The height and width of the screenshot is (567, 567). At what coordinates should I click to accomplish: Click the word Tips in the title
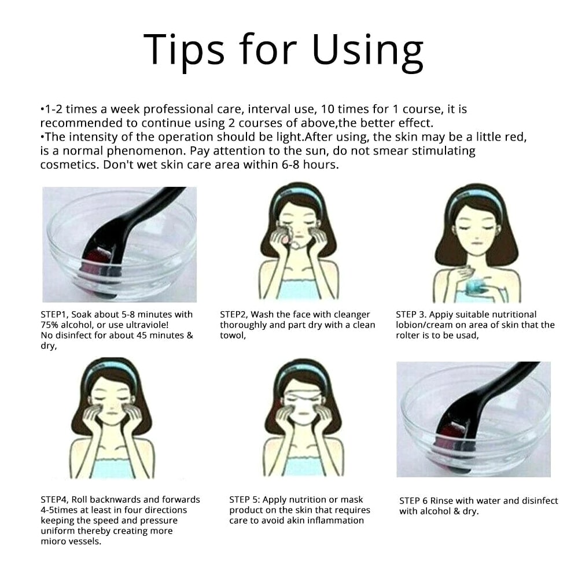coord(184,50)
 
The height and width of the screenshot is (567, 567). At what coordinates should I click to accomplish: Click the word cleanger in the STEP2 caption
coord(352,315)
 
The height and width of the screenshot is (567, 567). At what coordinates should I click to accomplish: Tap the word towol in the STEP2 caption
coord(233,336)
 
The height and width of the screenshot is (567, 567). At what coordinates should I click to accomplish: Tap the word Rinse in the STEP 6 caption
coord(441,501)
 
